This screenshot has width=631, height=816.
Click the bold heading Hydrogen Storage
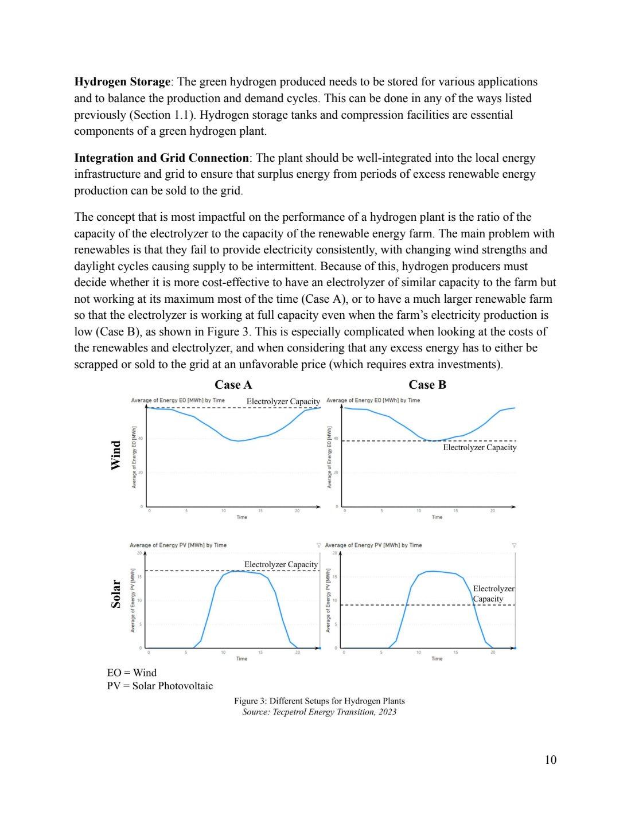pyautogui.click(x=122, y=82)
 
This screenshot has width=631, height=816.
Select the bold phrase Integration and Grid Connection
pyautogui.click(x=161, y=158)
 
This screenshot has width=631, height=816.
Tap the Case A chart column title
pyautogui.click(x=233, y=385)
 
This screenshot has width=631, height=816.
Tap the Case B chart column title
pyautogui.click(x=427, y=385)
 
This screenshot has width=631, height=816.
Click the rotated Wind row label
pyautogui.click(x=116, y=455)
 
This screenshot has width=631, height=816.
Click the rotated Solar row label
pyautogui.click(x=116, y=594)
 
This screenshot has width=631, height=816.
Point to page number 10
pyautogui.click(x=550, y=760)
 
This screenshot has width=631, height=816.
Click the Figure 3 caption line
pyautogui.click(x=319, y=701)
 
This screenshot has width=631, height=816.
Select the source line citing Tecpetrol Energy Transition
pyautogui.click(x=319, y=712)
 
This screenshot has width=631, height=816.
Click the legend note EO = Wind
pyautogui.click(x=131, y=673)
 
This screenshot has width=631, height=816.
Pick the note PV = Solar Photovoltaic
pyautogui.click(x=159, y=686)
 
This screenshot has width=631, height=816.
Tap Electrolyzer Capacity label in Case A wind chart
pyautogui.click(x=283, y=401)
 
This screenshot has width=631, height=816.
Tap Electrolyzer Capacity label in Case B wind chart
pyautogui.click(x=480, y=447)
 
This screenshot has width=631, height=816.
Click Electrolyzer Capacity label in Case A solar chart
pyautogui.click(x=281, y=564)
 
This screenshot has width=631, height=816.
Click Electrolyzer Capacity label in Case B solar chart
pyautogui.click(x=493, y=594)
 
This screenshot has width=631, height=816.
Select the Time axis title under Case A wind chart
pyautogui.click(x=242, y=517)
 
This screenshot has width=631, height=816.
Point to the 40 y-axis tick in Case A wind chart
pyautogui.click(x=140, y=439)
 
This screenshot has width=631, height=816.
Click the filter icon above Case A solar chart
pyautogui.click(x=319, y=545)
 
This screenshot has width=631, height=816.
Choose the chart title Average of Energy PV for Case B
pyautogui.click(x=373, y=545)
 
